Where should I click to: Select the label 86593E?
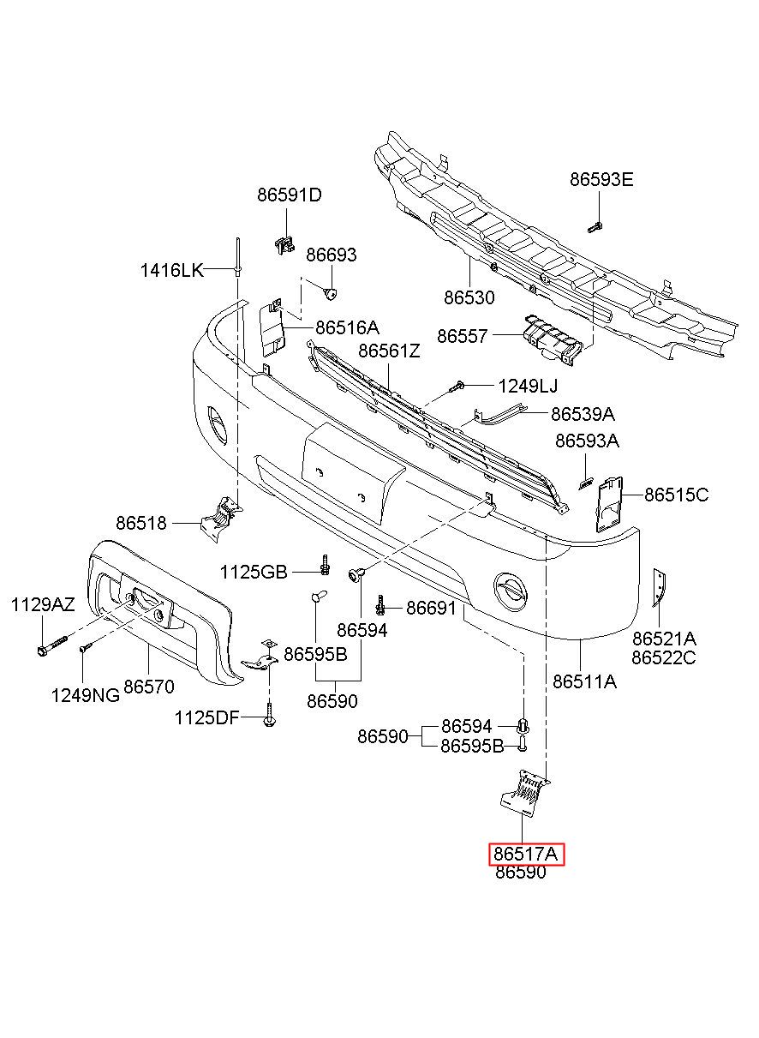coord(601,179)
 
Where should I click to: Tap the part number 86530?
coord(469,298)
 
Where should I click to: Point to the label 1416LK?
coord(172,271)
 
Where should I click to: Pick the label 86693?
coord(332,255)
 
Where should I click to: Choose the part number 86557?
coord(463,337)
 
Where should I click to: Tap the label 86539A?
coord(583,415)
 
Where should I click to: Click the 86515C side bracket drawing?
coord(611,506)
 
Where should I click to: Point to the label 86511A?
coord(585,682)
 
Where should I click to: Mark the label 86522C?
coord(664,658)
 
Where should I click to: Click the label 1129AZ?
coord(43,605)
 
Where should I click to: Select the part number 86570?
coord(149,687)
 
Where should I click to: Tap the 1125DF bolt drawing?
coord(270,714)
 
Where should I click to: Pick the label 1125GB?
coord(253,572)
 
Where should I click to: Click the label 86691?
coord(431,609)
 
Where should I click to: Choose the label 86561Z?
coord(390,351)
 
